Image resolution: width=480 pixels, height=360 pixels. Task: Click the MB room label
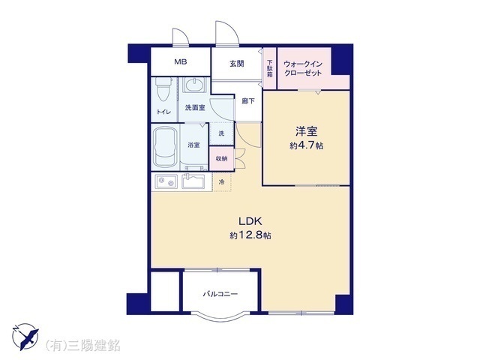181,61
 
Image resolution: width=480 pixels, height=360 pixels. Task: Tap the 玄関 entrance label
237,64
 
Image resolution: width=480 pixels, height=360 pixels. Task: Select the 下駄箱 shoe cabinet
270,68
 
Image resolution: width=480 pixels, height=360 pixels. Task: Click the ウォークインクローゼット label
303,68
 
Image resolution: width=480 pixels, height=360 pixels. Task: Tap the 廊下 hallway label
248,100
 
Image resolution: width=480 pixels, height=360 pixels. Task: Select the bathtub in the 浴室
166,147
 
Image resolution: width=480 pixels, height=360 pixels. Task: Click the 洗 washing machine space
221,133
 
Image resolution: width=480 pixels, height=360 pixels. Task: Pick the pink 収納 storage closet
222,158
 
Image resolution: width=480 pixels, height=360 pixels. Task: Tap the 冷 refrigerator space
221,181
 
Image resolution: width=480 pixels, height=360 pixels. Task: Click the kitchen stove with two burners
166,181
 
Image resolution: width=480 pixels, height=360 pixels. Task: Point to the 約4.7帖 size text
307,145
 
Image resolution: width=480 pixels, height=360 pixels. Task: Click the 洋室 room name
307,131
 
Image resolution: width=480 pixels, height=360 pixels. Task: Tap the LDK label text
250,220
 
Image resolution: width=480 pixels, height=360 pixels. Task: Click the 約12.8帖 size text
250,235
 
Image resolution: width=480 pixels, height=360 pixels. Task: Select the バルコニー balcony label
220,294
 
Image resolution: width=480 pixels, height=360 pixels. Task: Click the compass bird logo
25,337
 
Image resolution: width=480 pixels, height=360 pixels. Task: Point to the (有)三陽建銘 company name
83,345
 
